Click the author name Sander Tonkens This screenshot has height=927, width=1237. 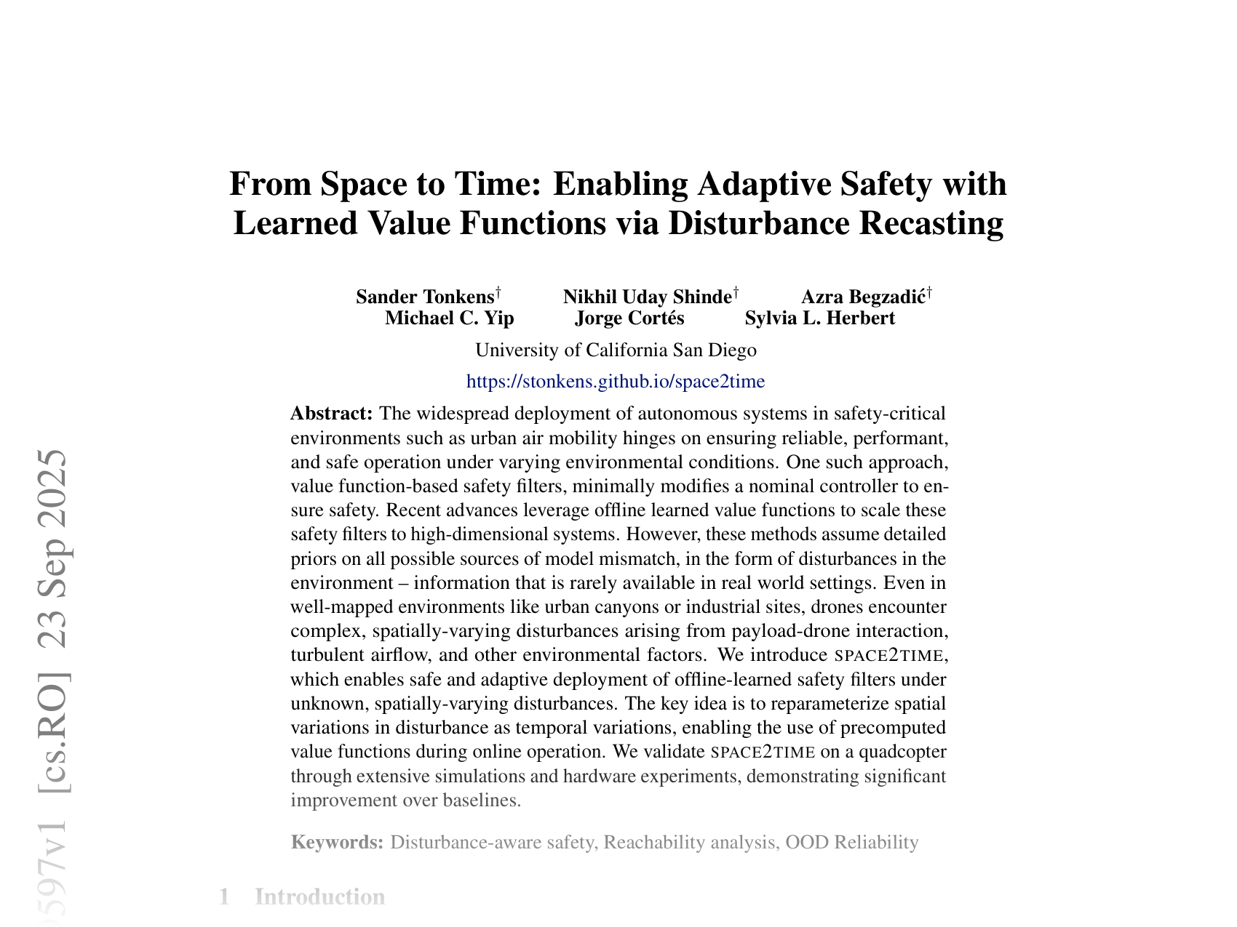pyautogui.click(x=425, y=297)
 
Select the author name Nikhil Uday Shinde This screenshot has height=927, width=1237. pyautogui.click(x=647, y=297)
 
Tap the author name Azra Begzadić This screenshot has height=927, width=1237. pyautogui.click(x=863, y=297)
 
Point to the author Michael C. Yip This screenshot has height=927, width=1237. pyautogui.click(x=449, y=318)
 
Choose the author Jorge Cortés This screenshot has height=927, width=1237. pyautogui.click(x=629, y=318)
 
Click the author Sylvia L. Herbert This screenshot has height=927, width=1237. pyautogui.click(x=820, y=318)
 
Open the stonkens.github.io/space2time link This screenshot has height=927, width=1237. pyautogui.click(x=616, y=381)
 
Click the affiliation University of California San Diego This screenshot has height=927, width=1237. pyautogui.click(x=616, y=350)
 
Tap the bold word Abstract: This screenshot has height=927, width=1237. pyautogui.click(x=332, y=414)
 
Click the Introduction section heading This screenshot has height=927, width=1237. pyautogui.click(x=319, y=896)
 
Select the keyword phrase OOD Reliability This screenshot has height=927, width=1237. pyautogui.click(x=852, y=843)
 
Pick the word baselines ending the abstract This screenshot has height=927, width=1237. pyautogui.click(x=484, y=800)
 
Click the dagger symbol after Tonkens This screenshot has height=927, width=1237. pyautogui.click(x=498, y=292)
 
